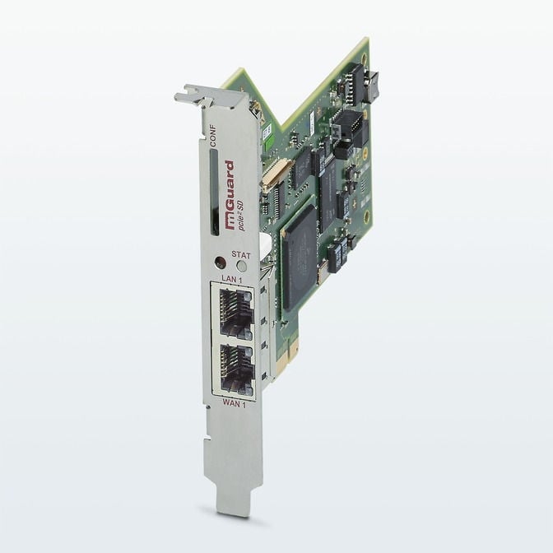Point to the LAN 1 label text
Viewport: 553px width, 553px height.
(232, 281)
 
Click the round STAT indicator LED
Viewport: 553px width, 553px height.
(241, 265)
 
